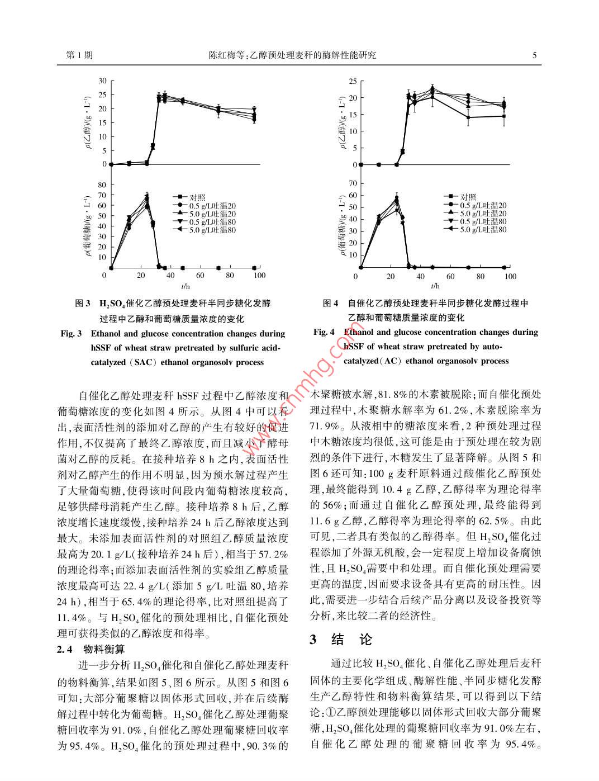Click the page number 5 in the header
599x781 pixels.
click(x=534, y=55)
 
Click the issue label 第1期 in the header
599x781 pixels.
click(x=79, y=55)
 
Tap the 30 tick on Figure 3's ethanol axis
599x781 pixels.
click(x=102, y=81)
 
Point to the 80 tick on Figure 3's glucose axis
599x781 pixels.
click(x=102, y=184)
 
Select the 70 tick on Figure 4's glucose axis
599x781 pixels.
click(x=352, y=183)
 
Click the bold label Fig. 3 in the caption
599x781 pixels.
click(x=72, y=334)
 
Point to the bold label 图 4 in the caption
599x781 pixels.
click(x=331, y=304)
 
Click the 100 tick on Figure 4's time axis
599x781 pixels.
click(x=510, y=276)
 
